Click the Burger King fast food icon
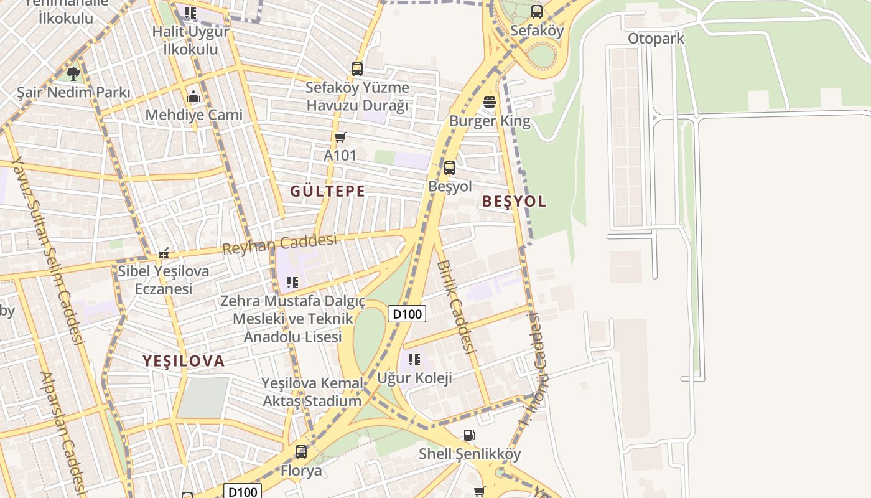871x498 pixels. (490, 102)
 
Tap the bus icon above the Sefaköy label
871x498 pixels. (536, 12)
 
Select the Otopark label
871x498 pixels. (656, 39)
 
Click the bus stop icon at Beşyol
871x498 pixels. (449, 167)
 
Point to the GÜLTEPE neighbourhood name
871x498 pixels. (327, 191)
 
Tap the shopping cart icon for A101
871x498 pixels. (340, 137)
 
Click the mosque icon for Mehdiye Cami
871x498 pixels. (193, 96)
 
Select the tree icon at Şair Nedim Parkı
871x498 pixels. (73, 74)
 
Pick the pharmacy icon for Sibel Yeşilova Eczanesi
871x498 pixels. (164, 253)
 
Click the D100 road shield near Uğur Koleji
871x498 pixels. (407, 314)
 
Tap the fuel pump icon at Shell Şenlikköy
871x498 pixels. (470, 435)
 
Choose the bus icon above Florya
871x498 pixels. (301, 451)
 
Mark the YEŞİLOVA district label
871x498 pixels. (184, 361)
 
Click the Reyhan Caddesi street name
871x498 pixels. (279, 244)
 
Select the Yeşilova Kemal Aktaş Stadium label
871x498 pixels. (312, 392)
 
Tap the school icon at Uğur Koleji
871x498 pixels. (414, 359)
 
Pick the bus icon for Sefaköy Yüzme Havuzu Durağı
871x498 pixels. (356, 69)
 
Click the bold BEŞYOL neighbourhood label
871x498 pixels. (514, 201)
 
